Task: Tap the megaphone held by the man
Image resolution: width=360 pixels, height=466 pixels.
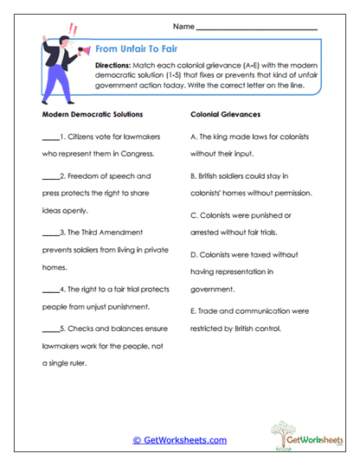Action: (x=83, y=53)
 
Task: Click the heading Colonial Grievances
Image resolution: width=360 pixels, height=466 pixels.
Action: (x=224, y=114)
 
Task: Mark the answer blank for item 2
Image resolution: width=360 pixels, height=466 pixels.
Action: (x=49, y=177)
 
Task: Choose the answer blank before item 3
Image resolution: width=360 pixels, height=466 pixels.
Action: (x=49, y=233)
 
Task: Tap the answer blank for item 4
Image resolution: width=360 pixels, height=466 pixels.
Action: (x=49, y=288)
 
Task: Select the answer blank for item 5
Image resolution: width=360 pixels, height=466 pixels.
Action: (x=49, y=328)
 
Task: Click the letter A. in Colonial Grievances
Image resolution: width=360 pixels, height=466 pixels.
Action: (x=193, y=137)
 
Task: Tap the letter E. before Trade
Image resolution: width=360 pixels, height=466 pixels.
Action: (x=193, y=310)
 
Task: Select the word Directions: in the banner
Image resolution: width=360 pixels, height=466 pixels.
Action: (x=113, y=67)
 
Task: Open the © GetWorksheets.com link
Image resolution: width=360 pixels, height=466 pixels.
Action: (x=179, y=440)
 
